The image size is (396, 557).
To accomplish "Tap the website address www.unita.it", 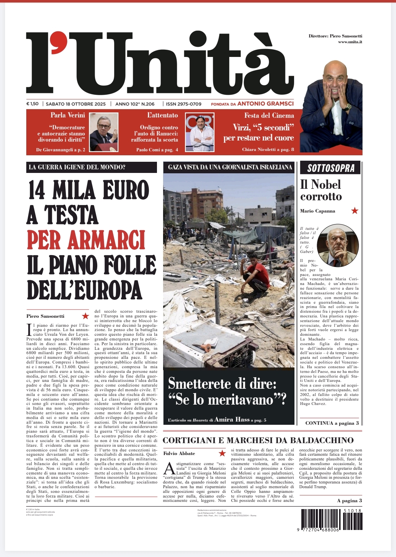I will pyautogui.click(x=350, y=42).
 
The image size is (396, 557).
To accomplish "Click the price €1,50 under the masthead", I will pyautogui.click(x=32, y=104).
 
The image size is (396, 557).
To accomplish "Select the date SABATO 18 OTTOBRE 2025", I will pyautogui.click(x=76, y=104).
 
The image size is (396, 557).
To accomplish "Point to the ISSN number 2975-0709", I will pyautogui.click(x=184, y=104).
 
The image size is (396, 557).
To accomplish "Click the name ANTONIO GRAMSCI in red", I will pyautogui.click(x=265, y=104).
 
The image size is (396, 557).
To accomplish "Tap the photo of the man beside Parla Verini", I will pyautogui.click(x=103, y=132).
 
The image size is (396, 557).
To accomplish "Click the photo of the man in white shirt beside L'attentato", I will pyautogui.click(x=199, y=132).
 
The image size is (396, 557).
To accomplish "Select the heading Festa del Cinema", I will pyautogui.click(x=269, y=115).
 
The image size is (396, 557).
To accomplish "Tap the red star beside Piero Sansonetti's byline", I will pyautogui.click(x=85, y=316).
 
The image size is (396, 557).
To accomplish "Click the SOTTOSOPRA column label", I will pyautogui.click(x=331, y=168).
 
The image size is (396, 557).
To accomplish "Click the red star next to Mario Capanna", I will pyautogui.click(x=355, y=210).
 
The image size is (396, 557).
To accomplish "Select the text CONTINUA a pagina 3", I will pyautogui.click(x=332, y=423).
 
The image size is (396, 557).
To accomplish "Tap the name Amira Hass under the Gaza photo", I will pyautogui.click(x=232, y=419).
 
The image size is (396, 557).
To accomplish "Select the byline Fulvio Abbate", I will pyautogui.click(x=179, y=453).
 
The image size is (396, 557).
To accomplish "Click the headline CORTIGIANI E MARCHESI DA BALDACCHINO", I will pyautogui.click(x=258, y=440).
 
